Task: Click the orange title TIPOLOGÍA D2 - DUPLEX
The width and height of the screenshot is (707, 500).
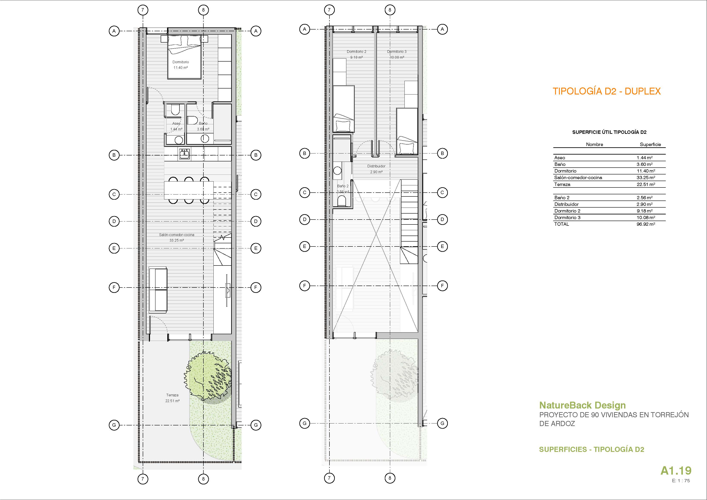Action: click(607, 91)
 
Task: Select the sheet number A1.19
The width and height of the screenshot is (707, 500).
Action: click(676, 471)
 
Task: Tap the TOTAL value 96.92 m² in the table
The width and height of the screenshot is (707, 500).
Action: click(646, 224)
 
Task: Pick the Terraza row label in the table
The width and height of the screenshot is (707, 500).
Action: click(562, 184)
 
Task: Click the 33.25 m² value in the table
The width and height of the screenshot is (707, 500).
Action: click(646, 177)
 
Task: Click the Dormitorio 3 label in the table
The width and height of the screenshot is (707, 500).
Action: click(567, 217)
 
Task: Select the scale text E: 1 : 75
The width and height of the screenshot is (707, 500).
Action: click(681, 481)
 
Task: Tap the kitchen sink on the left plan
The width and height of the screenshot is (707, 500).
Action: click(184, 154)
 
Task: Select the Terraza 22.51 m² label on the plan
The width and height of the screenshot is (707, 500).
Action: click(172, 398)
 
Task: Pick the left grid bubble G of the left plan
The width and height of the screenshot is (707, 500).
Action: click(114, 425)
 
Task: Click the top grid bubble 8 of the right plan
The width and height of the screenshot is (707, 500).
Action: click(390, 10)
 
